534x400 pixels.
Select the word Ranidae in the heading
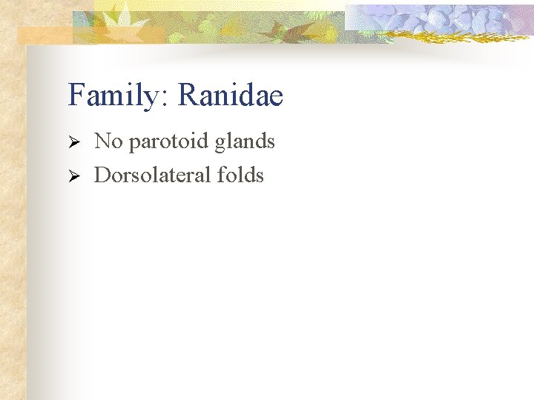click(231, 96)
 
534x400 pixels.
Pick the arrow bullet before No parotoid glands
click(73, 141)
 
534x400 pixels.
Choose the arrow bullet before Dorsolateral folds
click(73, 176)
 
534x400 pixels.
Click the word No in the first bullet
click(108, 141)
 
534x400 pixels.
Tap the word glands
click(245, 141)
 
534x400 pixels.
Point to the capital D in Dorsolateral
click(102, 176)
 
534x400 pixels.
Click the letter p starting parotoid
click(133, 144)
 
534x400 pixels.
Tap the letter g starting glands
click(220, 144)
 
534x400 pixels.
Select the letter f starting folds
click(222, 176)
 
